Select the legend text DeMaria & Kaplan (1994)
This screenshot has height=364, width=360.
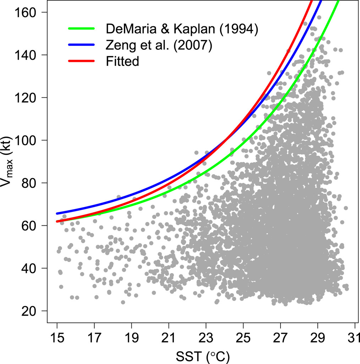(x=181, y=29)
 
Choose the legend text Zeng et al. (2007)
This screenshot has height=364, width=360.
(x=159, y=45)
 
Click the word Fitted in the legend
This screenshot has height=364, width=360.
(x=122, y=61)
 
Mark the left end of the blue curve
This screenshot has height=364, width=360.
(x=57, y=213)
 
